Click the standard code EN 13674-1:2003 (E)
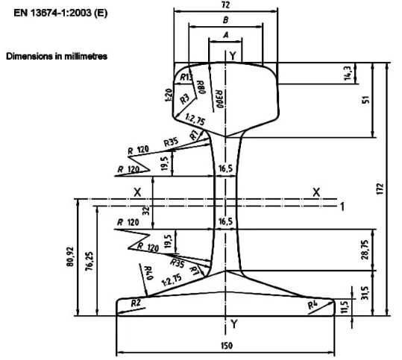click(x=60, y=13)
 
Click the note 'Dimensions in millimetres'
click(x=57, y=56)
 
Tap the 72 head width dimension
click(x=225, y=5)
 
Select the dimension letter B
click(x=225, y=20)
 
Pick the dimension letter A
click(x=225, y=34)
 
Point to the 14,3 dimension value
click(x=348, y=73)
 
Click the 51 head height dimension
click(x=366, y=99)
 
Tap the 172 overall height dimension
click(x=380, y=189)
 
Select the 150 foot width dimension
click(x=227, y=346)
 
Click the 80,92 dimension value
click(x=70, y=256)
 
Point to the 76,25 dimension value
click(x=89, y=262)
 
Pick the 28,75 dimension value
click(x=365, y=250)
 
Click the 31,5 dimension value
click(x=365, y=293)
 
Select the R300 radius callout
click(x=219, y=99)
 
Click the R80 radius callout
click(x=201, y=87)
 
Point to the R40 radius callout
click(x=148, y=273)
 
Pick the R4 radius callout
click(x=313, y=304)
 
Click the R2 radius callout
click(x=136, y=303)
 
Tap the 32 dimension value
click(x=145, y=211)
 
